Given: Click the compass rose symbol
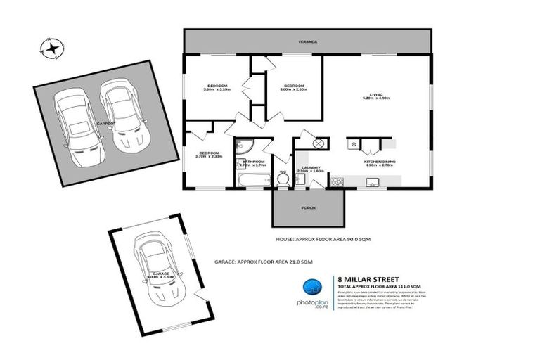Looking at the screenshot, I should point(51,49).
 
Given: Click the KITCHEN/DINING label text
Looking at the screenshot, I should point(378,162).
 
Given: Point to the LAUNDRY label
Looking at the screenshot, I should point(309,167).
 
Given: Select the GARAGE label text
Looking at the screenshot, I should point(162,274).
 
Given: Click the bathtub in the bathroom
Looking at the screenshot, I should point(250,182).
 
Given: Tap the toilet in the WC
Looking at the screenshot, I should point(283,179).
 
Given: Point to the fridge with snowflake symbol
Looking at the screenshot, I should point(352,145).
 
